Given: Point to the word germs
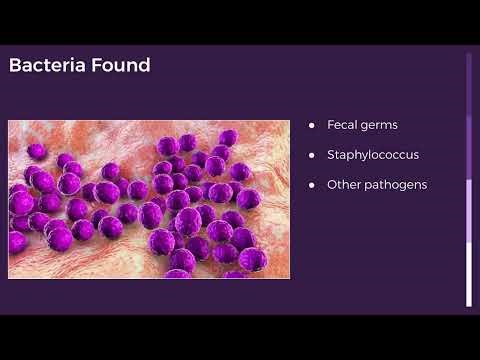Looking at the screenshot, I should point(379,125).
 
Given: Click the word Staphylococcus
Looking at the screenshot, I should point(372,155).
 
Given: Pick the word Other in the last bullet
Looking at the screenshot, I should point(344,185).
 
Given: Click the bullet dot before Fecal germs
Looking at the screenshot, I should point(312,125).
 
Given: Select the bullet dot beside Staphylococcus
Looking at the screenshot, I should point(312,155).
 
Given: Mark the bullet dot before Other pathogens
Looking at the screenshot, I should point(312,185).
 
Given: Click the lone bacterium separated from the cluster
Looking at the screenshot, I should point(37,150).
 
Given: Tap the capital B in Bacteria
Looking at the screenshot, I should point(14,66).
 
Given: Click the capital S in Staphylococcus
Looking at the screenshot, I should point(331,155).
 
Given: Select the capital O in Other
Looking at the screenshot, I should point(332,185).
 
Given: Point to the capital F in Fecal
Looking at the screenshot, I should point(330,125).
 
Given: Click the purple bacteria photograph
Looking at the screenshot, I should point(149,199).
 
